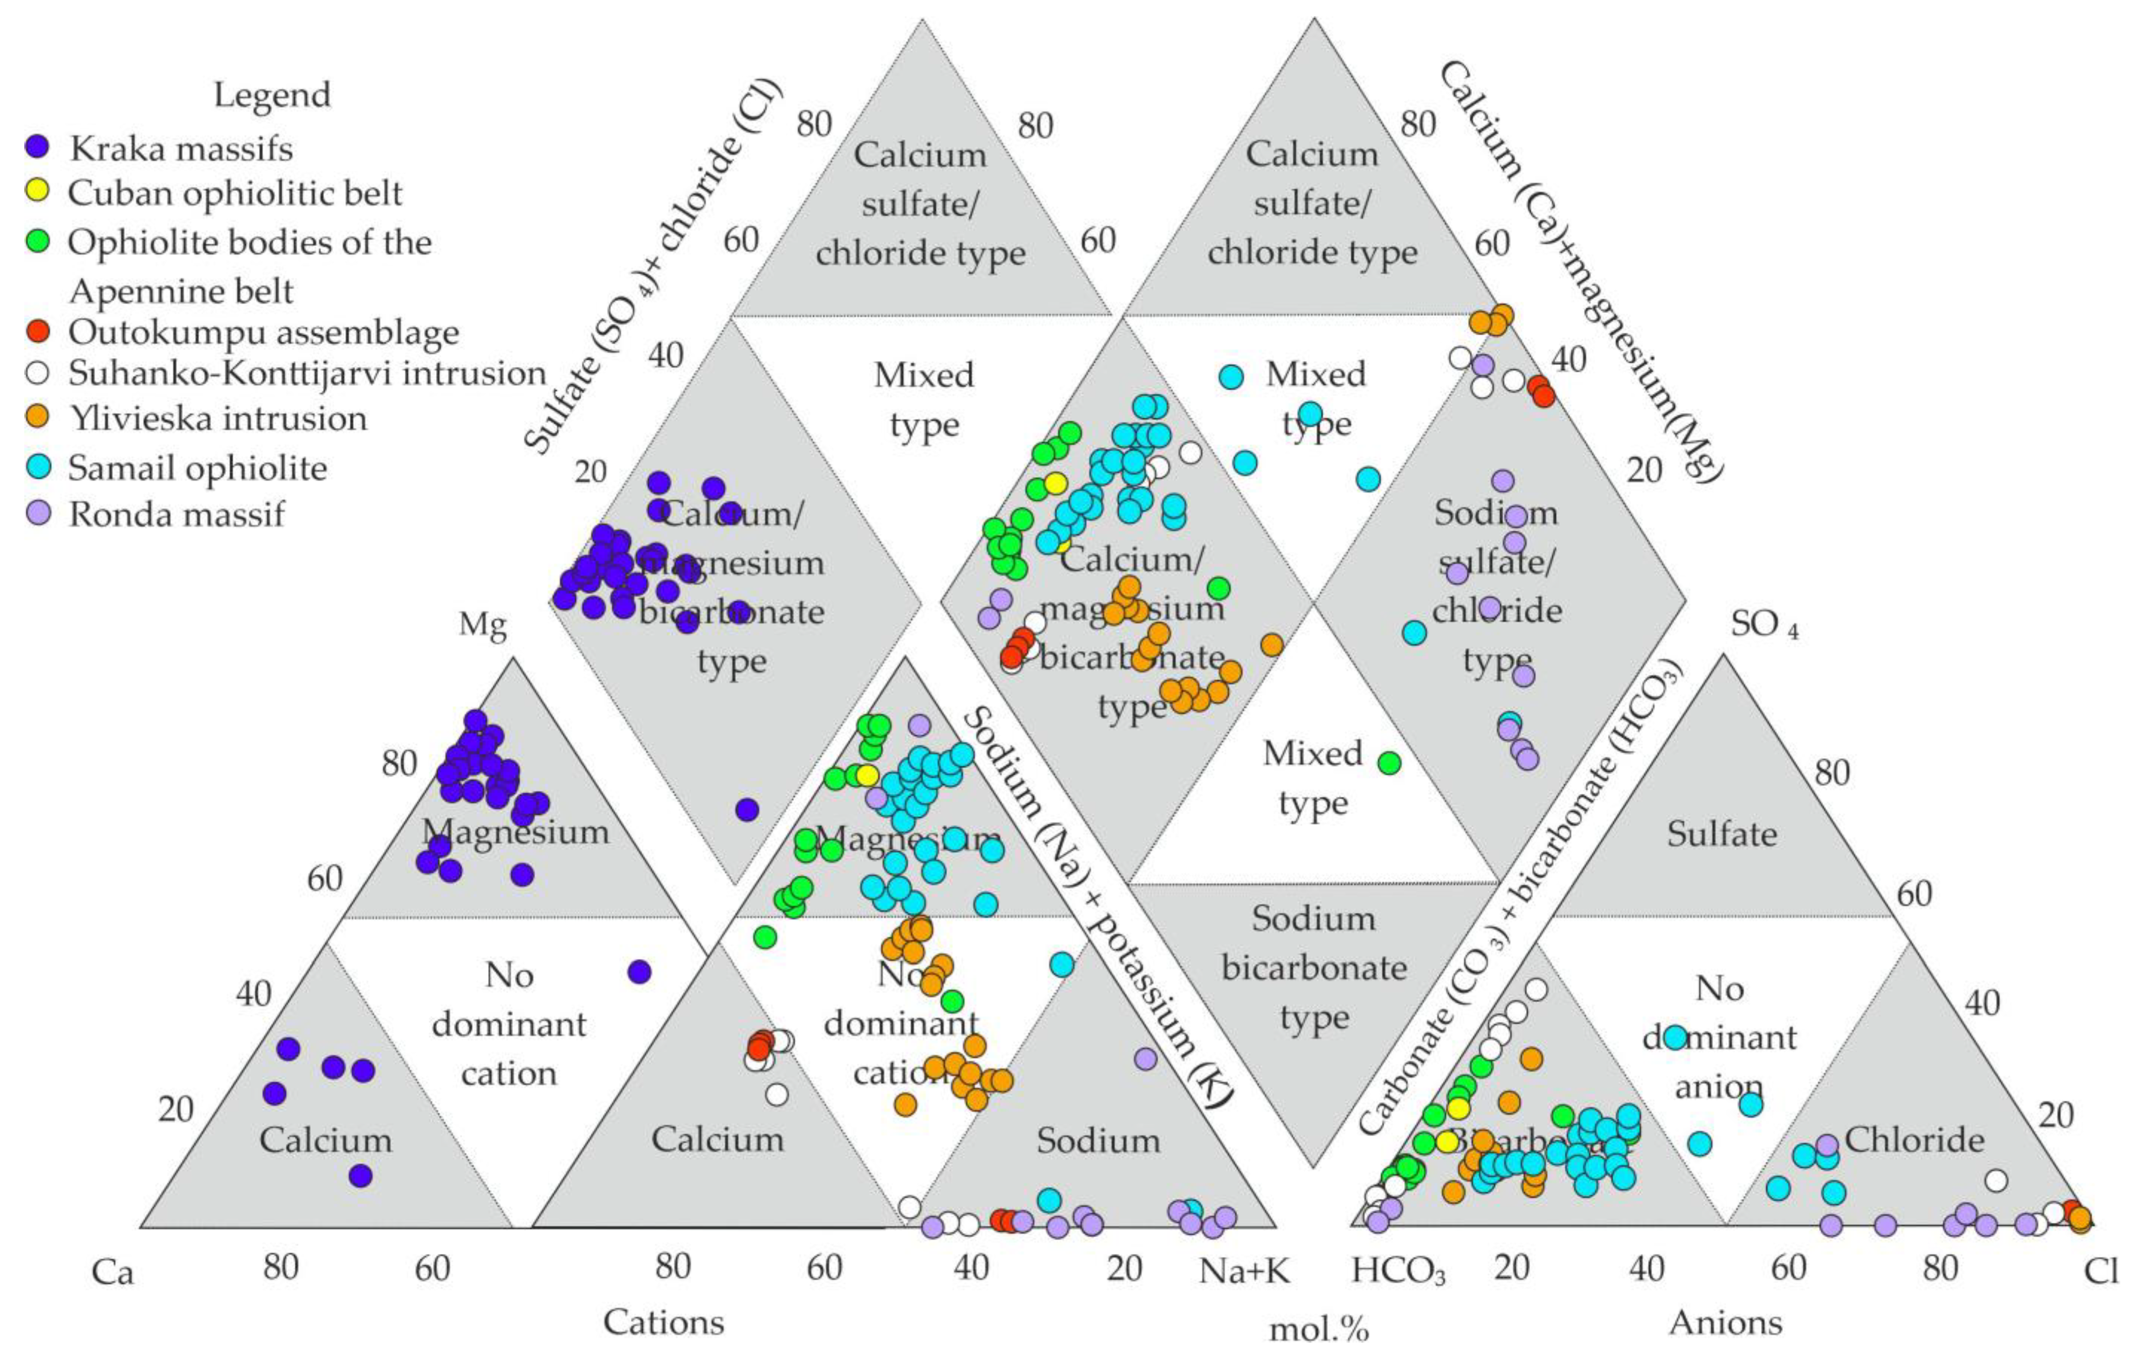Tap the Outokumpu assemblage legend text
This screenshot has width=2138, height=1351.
click(x=264, y=332)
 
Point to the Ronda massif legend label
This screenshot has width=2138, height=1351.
click(x=177, y=514)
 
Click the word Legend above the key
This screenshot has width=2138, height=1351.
click(x=272, y=94)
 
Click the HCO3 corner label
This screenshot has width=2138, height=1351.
click(x=1398, y=1271)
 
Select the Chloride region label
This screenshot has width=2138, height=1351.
click(x=1914, y=1139)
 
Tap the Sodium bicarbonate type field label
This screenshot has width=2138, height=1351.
click(x=1314, y=968)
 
